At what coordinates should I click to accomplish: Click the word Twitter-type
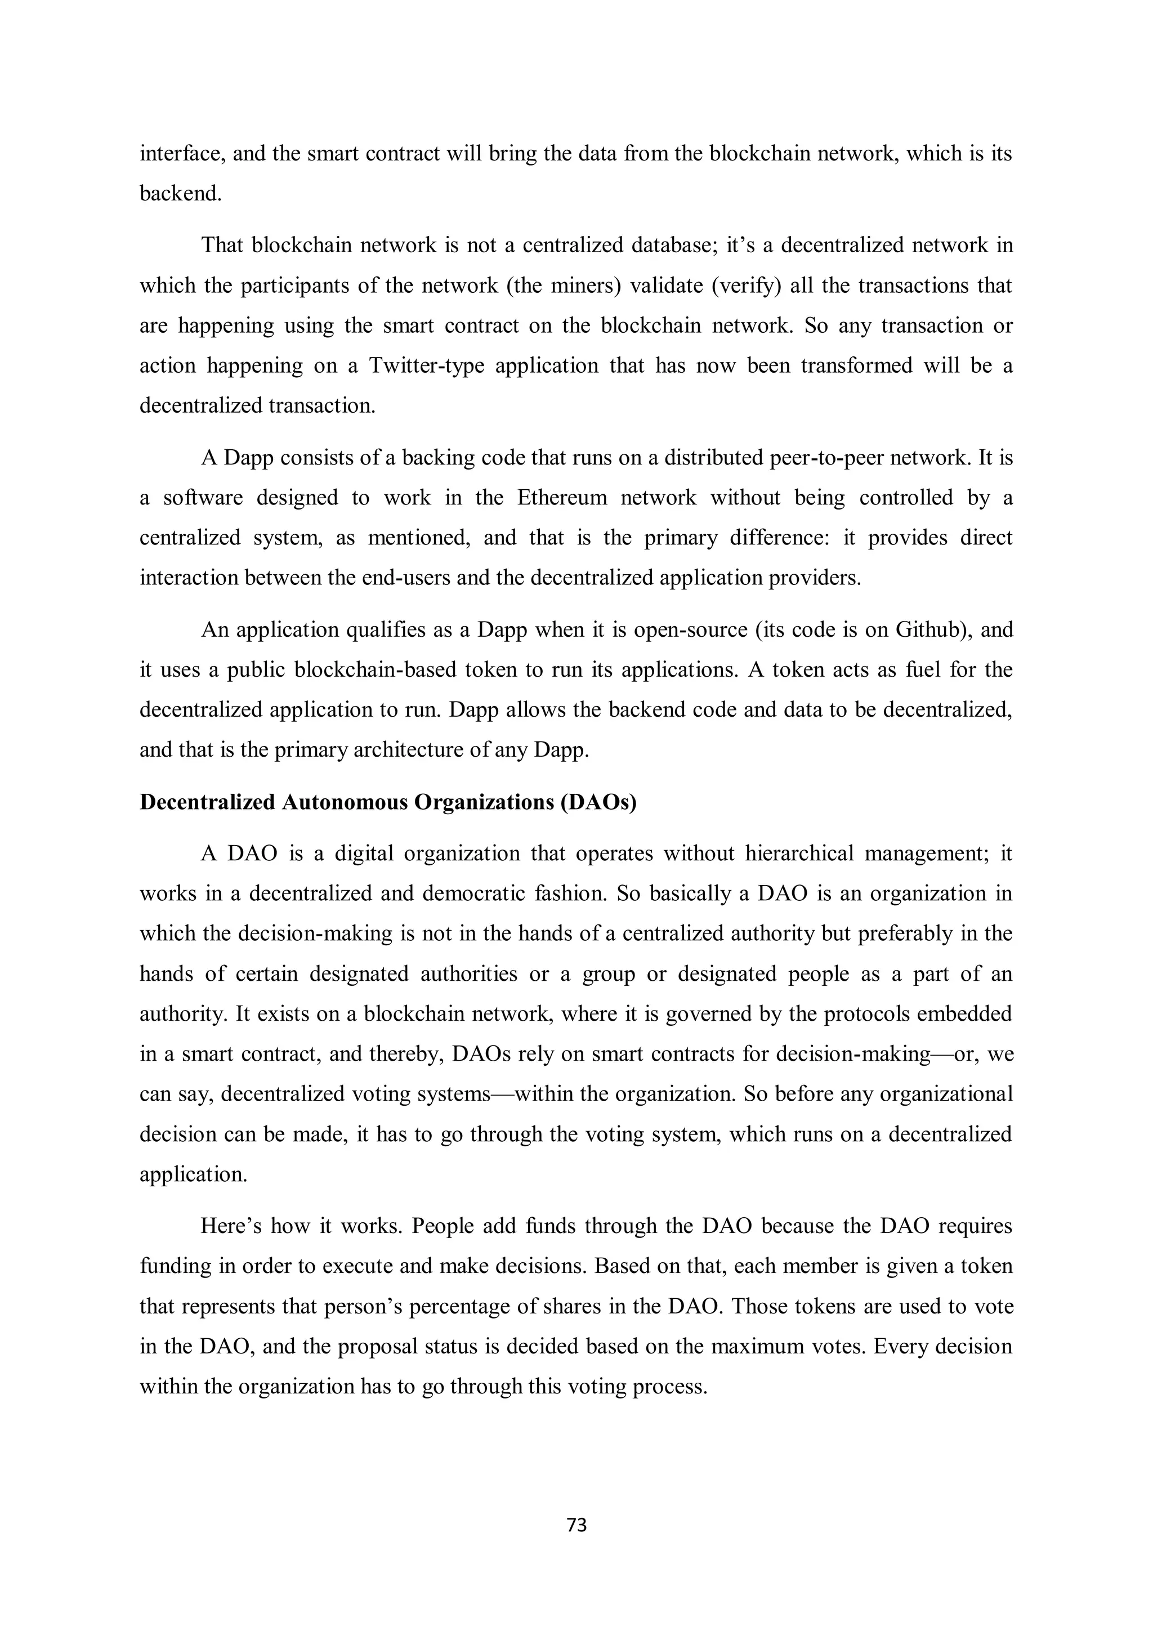coord(425,366)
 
